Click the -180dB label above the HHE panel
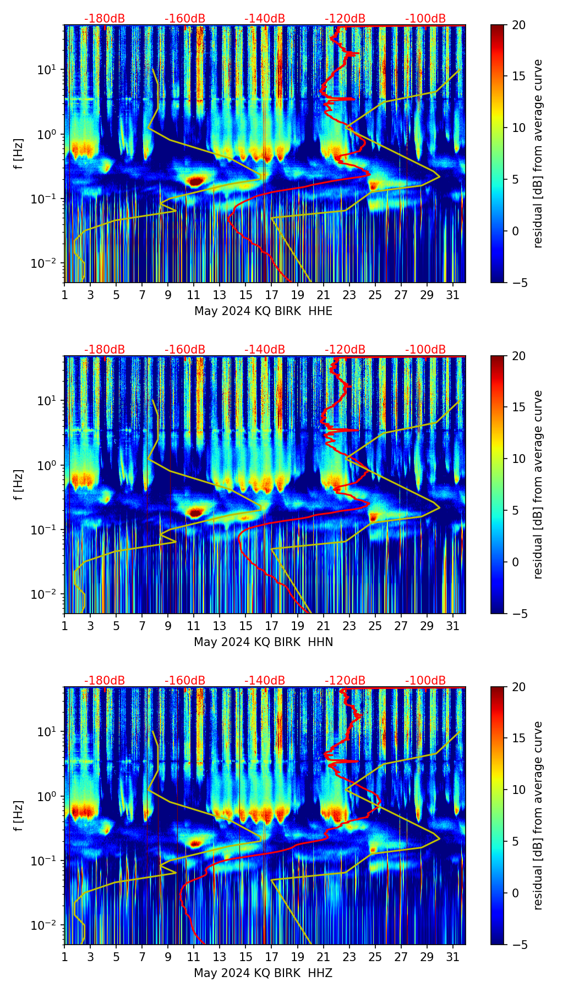(x=105, y=19)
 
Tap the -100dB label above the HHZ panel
(x=425, y=681)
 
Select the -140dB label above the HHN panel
(x=265, y=350)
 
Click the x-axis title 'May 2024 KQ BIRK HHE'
(x=263, y=311)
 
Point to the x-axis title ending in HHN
(x=263, y=642)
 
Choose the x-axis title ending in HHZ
(x=263, y=973)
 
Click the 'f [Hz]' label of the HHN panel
(x=19, y=484)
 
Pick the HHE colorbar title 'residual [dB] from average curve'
(x=538, y=153)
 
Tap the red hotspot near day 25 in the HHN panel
(x=374, y=517)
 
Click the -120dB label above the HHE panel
(x=345, y=19)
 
